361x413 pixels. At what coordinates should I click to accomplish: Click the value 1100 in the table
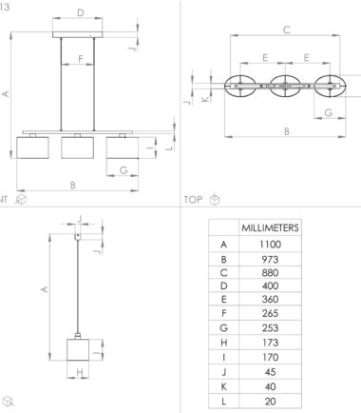(270, 245)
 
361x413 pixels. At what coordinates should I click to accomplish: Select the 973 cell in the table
(270, 260)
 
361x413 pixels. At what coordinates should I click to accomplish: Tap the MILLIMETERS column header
(270, 227)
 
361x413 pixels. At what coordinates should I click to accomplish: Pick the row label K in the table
(223, 386)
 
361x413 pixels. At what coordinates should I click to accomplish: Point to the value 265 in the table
(270, 313)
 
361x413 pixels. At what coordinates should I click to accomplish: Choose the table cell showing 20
(270, 402)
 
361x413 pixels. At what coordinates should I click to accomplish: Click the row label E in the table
(223, 299)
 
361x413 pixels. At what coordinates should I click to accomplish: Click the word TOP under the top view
(193, 200)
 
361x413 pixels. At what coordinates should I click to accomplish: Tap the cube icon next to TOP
(215, 199)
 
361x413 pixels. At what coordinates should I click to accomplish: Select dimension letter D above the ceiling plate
(81, 12)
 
